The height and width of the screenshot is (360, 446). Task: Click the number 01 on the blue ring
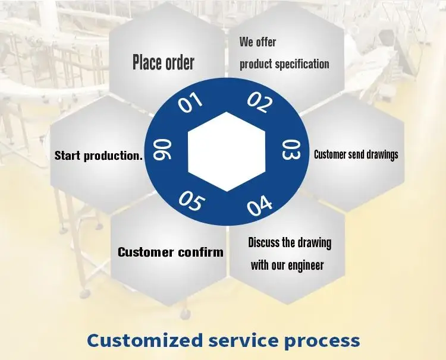coord(191,102)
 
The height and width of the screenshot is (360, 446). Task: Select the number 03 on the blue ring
coord(291,151)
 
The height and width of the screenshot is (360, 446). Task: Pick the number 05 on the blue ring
coord(191,201)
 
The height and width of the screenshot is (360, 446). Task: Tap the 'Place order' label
coord(164,62)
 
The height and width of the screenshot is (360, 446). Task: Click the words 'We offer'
coord(258,42)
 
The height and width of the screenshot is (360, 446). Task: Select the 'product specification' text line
coord(284,64)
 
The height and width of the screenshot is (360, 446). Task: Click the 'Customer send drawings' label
coord(356,154)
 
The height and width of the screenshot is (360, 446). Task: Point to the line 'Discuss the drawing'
coord(290,242)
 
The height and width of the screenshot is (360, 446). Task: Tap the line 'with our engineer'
coord(287,265)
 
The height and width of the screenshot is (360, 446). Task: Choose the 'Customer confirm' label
coord(171,252)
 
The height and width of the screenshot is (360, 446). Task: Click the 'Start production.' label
coord(99,156)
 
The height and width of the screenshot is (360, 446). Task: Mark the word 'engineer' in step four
coord(306,266)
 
